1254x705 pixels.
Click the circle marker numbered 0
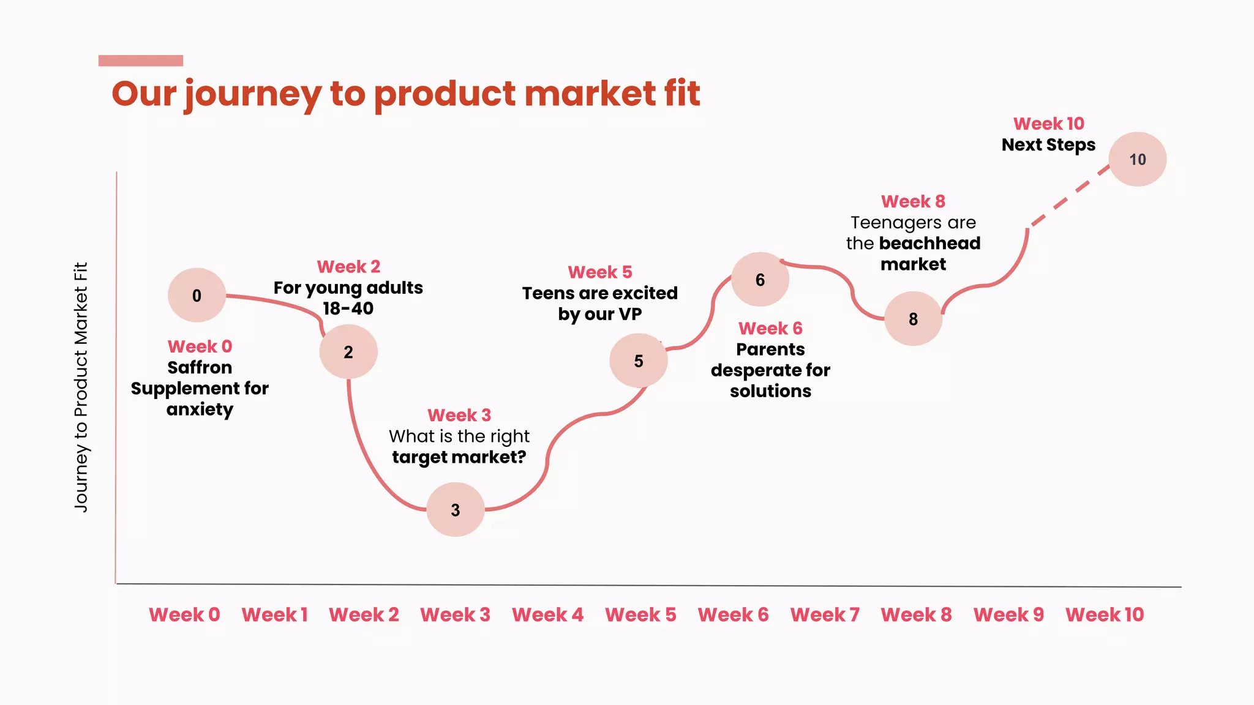pyautogui.click(x=197, y=295)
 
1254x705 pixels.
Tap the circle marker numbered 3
pyautogui.click(x=455, y=510)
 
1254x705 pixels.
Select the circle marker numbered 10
pyautogui.click(x=1137, y=159)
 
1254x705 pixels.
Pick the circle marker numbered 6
pyautogui.click(x=760, y=280)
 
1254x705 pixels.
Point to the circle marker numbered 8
pyautogui.click(x=913, y=319)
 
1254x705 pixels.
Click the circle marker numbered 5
pyautogui.click(x=638, y=360)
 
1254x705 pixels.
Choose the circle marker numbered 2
pyautogui.click(x=348, y=352)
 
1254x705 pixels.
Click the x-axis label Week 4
pyautogui.click(x=547, y=614)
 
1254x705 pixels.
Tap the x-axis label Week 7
pyautogui.click(x=825, y=614)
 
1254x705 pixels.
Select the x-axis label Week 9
pyautogui.click(x=1008, y=614)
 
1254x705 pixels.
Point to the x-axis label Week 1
pyautogui.click(x=274, y=614)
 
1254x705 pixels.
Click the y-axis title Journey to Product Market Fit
pyautogui.click(x=81, y=387)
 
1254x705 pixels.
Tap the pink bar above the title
pyautogui.click(x=141, y=61)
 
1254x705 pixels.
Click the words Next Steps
pyautogui.click(x=1048, y=145)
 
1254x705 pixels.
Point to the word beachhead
pyautogui.click(x=929, y=244)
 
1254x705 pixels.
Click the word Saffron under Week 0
pyautogui.click(x=200, y=367)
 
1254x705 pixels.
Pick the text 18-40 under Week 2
pyautogui.click(x=348, y=308)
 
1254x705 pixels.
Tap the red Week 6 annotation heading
pyautogui.click(x=770, y=329)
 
